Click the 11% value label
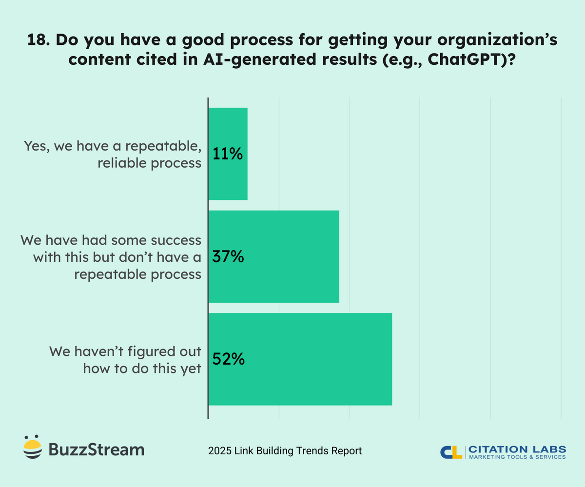(228, 154)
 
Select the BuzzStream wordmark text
(96, 449)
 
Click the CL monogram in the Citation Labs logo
(451, 452)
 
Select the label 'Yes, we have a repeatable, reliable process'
(113, 154)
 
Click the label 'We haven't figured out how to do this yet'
(125, 360)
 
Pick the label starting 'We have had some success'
(111, 257)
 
